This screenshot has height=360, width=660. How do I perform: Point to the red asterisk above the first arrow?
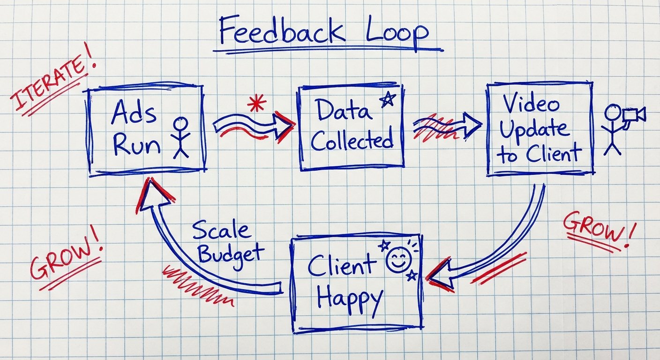click(x=256, y=103)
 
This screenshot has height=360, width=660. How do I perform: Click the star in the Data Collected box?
click(x=387, y=100)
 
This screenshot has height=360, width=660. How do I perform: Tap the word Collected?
click(x=352, y=140)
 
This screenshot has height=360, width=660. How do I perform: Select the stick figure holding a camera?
click(x=612, y=129)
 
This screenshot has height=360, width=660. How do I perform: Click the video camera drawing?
click(x=634, y=115)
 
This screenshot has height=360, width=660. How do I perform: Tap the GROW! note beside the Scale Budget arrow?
click(x=65, y=260)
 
